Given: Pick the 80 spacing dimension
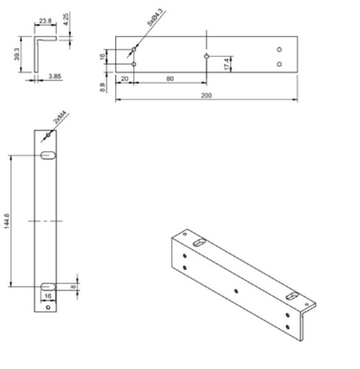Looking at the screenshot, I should click(x=170, y=78).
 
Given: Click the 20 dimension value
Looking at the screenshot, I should click(x=125, y=78).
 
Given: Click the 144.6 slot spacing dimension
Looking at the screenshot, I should click(x=7, y=222).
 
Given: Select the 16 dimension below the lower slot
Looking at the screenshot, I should click(x=48, y=297).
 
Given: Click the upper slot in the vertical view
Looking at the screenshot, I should click(x=48, y=155).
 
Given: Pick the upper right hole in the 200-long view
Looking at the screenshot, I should click(x=279, y=49).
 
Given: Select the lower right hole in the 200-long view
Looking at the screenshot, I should click(x=279, y=63).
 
